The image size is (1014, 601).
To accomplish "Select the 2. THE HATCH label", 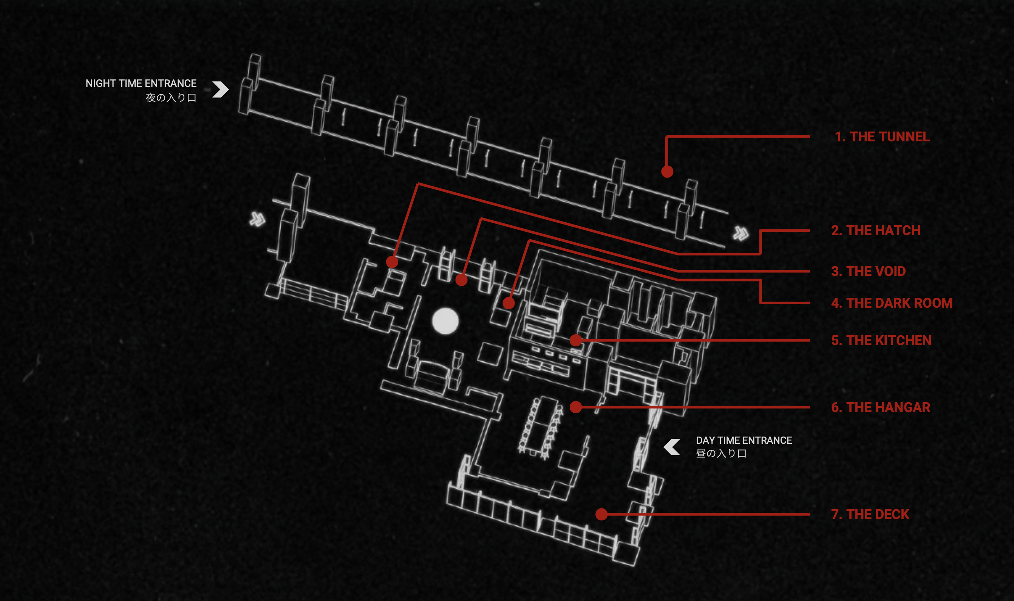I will pyautogui.click(x=876, y=231).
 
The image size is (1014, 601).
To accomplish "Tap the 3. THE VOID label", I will pyautogui.click(x=868, y=271).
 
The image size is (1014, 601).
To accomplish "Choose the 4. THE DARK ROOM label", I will pyautogui.click(x=891, y=303).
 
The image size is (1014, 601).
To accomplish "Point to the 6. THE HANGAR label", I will pyautogui.click(x=880, y=407).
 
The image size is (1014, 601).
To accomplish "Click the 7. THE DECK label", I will pyautogui.click(x=870, y=514).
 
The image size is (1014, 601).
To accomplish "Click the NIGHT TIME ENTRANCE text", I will pyautogui.click(x=141, y=84).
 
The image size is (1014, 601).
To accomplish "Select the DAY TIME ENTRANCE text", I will pyautogui.click(x=743, y=440).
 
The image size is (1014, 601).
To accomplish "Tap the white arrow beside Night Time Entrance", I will pyautogui.click(x=221, y=90).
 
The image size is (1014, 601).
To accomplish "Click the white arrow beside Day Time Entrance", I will pyautogui.click(x=672, y=447).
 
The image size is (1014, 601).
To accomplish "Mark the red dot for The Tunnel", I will pyautogui.click(x=667, y=172).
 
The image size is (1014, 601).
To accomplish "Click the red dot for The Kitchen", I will pyautogui.click(x=576, y=340).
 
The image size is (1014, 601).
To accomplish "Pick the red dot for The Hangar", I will pyautogui.click(x=576, y=407).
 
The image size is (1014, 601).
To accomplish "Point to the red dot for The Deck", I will pyautogui.click(x=601, y=514).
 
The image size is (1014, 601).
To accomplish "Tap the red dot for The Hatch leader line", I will pyautogui.click(x=392, y=262).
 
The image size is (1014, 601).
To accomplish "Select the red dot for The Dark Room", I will pyautogui.click(x=509, y=303).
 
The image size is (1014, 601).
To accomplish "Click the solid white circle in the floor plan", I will pyautogui.click(x=445, y=321).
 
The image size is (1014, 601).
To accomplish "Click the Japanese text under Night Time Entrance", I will pyautogui.click(x=171, y=98).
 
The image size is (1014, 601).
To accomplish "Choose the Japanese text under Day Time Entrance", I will pyautogui.click(x=721, y=454).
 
